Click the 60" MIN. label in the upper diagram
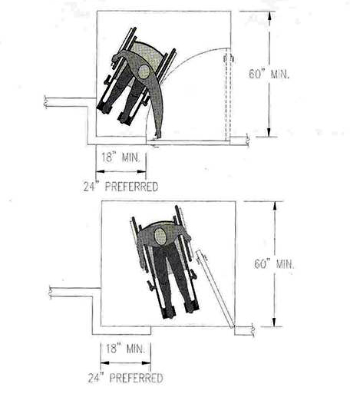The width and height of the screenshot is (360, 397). tap(269, 74)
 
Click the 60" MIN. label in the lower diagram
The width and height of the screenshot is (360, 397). tap(274, 264)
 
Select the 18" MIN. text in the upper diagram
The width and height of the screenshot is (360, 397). tap(121, 157)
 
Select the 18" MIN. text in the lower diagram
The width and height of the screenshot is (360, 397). tap(126, 349)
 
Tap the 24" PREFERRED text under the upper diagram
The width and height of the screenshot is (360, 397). tap(121, 187)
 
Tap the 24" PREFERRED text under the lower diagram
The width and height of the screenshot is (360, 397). tap(125, 378)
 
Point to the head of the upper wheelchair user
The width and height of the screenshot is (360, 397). tap(144, 71)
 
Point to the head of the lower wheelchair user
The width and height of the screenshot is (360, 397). tap(160, 236)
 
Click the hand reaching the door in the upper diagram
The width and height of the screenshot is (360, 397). tap(157, 135)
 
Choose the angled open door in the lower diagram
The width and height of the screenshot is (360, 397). tap(215, 289)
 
